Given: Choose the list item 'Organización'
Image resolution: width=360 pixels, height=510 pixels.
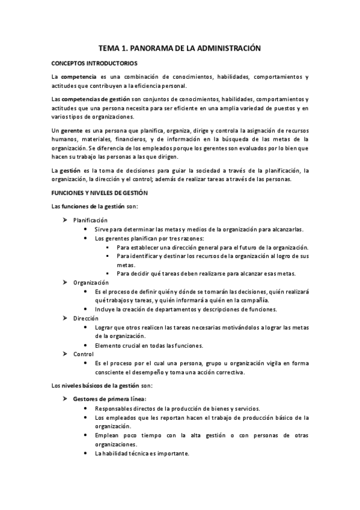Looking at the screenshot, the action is (x=91, y=282).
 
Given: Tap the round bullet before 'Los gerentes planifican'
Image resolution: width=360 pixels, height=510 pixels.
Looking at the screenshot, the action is (x=88, y=238).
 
